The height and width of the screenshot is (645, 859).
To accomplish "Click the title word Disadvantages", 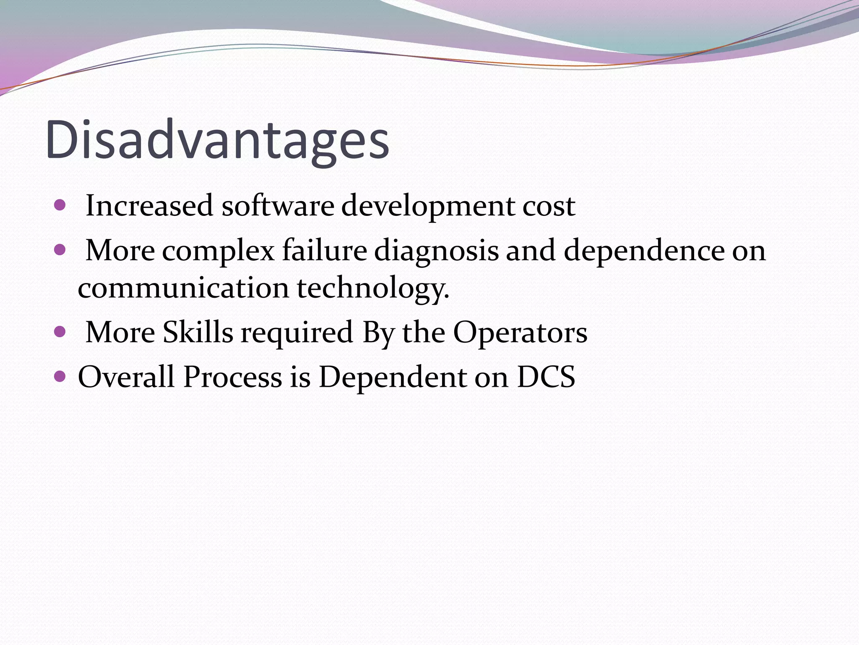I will tap(217, 140).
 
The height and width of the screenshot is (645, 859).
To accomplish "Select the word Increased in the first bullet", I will tap(149, 206).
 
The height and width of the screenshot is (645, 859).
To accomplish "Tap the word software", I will tap(278, 206).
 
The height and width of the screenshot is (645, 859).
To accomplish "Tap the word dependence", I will tap(644, 251).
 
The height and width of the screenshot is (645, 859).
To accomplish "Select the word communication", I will tap(183, 288).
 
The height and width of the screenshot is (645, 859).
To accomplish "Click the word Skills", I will tap(198, 332).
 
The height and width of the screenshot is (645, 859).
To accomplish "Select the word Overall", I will tap(126, 376).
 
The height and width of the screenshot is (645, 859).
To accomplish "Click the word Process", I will tap(233, 376).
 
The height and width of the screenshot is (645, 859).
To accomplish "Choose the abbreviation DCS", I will tap(546, 376).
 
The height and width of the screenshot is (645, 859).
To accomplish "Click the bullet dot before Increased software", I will tap(60, 205).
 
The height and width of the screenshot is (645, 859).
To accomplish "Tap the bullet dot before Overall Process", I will tap(60, 376).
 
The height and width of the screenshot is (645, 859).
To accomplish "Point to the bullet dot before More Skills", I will tap(60, 332).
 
